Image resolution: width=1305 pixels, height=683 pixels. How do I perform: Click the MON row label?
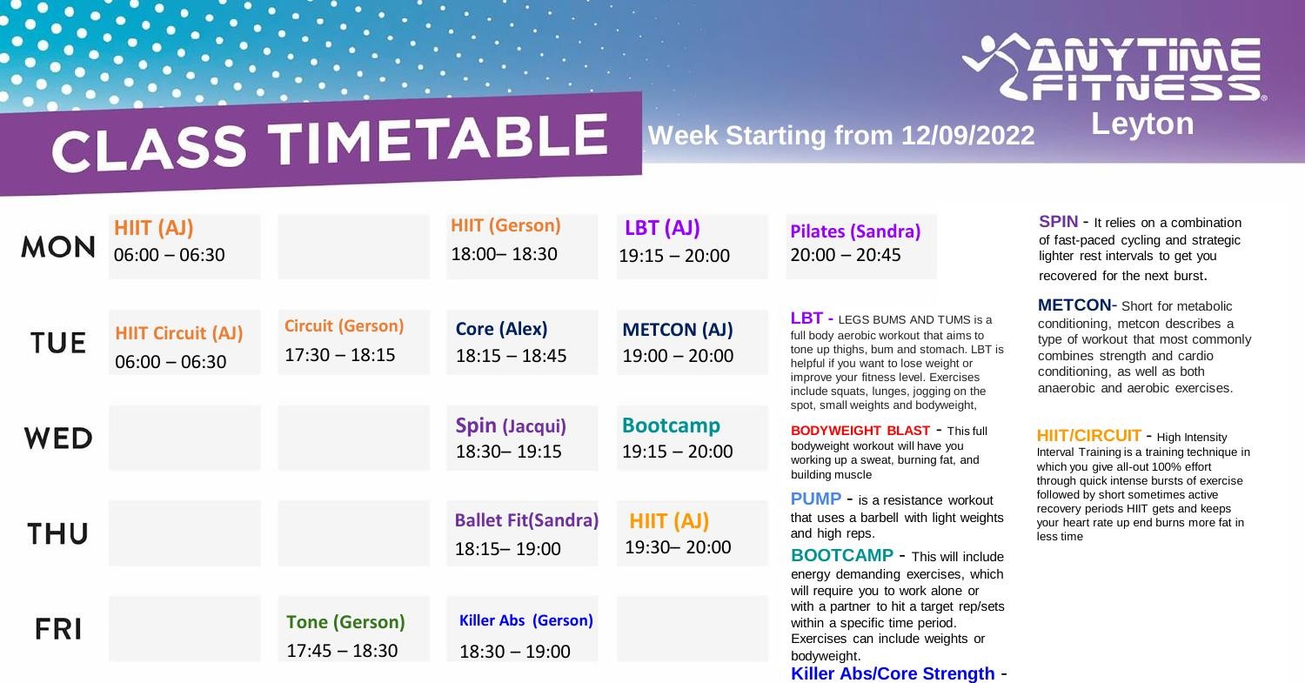[x=58, y=247]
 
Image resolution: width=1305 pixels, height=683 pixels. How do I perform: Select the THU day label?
[x=57, y=533]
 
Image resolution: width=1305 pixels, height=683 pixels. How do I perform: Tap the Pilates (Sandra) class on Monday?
[x=855, y=231]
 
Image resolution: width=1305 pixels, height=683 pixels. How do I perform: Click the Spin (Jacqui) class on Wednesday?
[x=511, y=425]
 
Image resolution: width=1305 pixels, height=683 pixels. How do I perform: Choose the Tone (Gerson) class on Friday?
[x=345, y=622]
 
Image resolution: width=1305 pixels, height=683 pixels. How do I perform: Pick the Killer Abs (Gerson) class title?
[x=525, y=620]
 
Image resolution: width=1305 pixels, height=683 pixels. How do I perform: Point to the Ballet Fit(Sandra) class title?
[x=526, y=520]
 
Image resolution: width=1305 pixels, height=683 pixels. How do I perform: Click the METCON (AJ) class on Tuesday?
[x=678, y=330]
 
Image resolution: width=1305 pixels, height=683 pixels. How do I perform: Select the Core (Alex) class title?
[x=501, y=329]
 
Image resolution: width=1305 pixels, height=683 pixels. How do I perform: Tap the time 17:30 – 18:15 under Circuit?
[x=339, y=355]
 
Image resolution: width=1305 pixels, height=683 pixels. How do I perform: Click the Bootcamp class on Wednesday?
[x=671, y=425]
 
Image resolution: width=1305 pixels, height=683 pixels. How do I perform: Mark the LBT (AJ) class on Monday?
[x=662, y=228]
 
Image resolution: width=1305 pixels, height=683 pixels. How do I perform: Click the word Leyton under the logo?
[x=1142, y=124]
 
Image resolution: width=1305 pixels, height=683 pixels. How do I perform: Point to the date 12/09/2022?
[x=967, y=136]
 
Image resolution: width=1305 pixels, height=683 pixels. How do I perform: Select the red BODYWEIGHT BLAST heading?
[x=860, y=431]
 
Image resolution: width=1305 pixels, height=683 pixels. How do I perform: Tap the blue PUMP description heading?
[x=815, y=499]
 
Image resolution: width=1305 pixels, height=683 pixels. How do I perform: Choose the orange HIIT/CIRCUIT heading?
[x=1088, y=435]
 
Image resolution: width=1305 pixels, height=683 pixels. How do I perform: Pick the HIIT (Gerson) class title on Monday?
[x=505, y=225]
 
